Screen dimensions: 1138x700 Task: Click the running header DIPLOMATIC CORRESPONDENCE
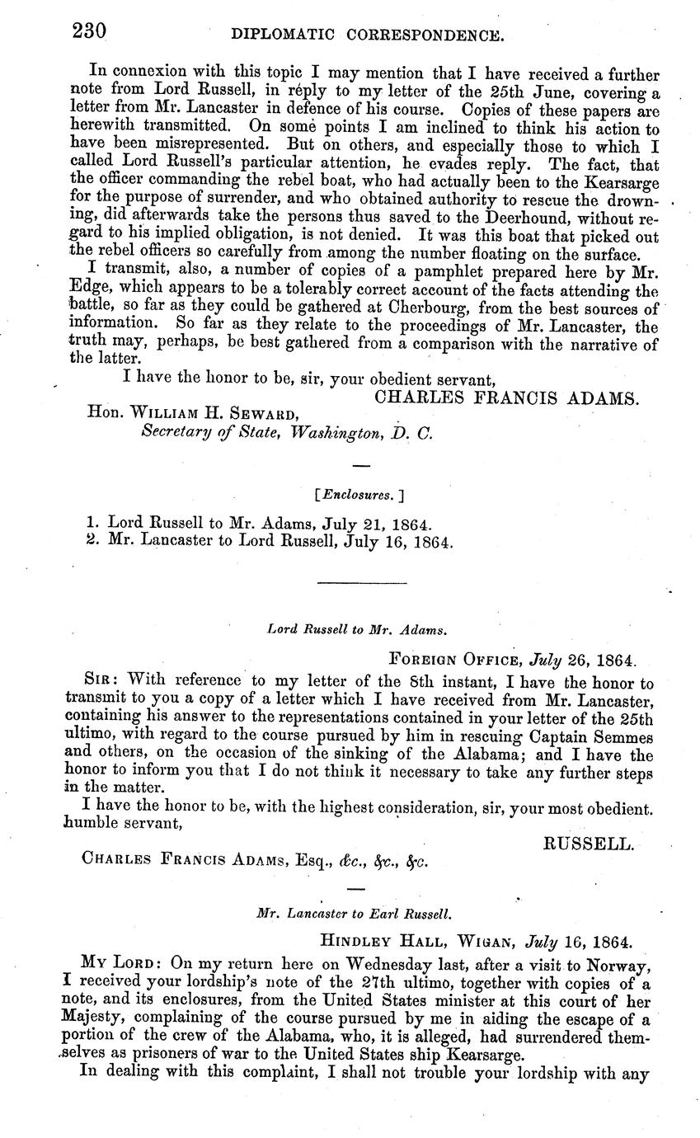point(367,35)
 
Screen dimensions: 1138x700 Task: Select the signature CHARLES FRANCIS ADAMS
point(507,397)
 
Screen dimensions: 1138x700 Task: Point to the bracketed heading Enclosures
point(359,496)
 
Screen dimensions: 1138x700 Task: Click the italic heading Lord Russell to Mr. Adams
point(358,631)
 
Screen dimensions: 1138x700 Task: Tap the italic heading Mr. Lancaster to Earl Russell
point(355,914)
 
